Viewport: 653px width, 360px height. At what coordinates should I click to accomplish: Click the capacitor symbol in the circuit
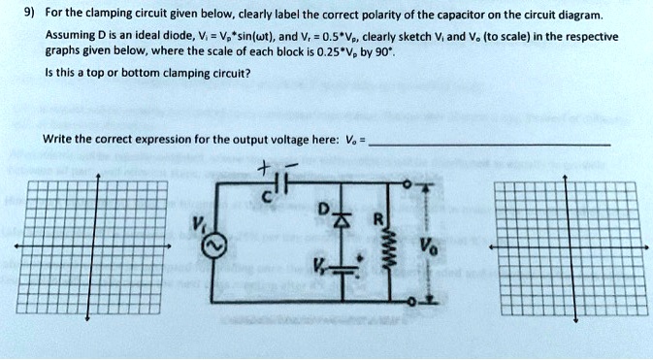tap(278, 183)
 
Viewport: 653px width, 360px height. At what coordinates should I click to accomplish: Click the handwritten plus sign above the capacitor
tap(262, 167)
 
